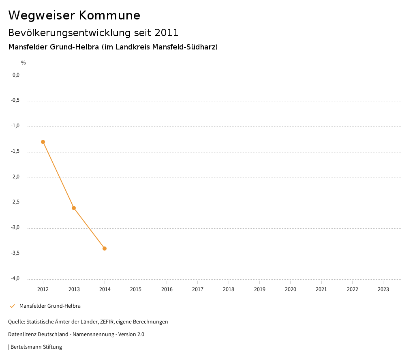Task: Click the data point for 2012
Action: click(43, 142)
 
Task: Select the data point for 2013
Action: click(74, 208)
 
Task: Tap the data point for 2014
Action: click(105, 249)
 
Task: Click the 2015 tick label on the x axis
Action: click(136, 289)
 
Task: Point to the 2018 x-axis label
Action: click(229, 289)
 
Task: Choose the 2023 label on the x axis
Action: click(383, 289)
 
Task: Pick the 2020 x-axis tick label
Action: click(291, 289)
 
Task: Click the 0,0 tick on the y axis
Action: click(16, 75)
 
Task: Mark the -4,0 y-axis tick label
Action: click(15, 279)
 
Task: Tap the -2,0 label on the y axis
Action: click(15, 177)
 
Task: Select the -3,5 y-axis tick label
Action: click(15, 253)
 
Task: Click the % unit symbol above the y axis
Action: click(24, 63)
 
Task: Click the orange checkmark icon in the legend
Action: click(12, 306)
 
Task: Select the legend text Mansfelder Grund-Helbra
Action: click(50, 306)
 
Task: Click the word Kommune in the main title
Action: click(109, 15)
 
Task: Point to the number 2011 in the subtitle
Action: click(167, 33)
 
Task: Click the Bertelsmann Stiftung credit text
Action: click(36, 347)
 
